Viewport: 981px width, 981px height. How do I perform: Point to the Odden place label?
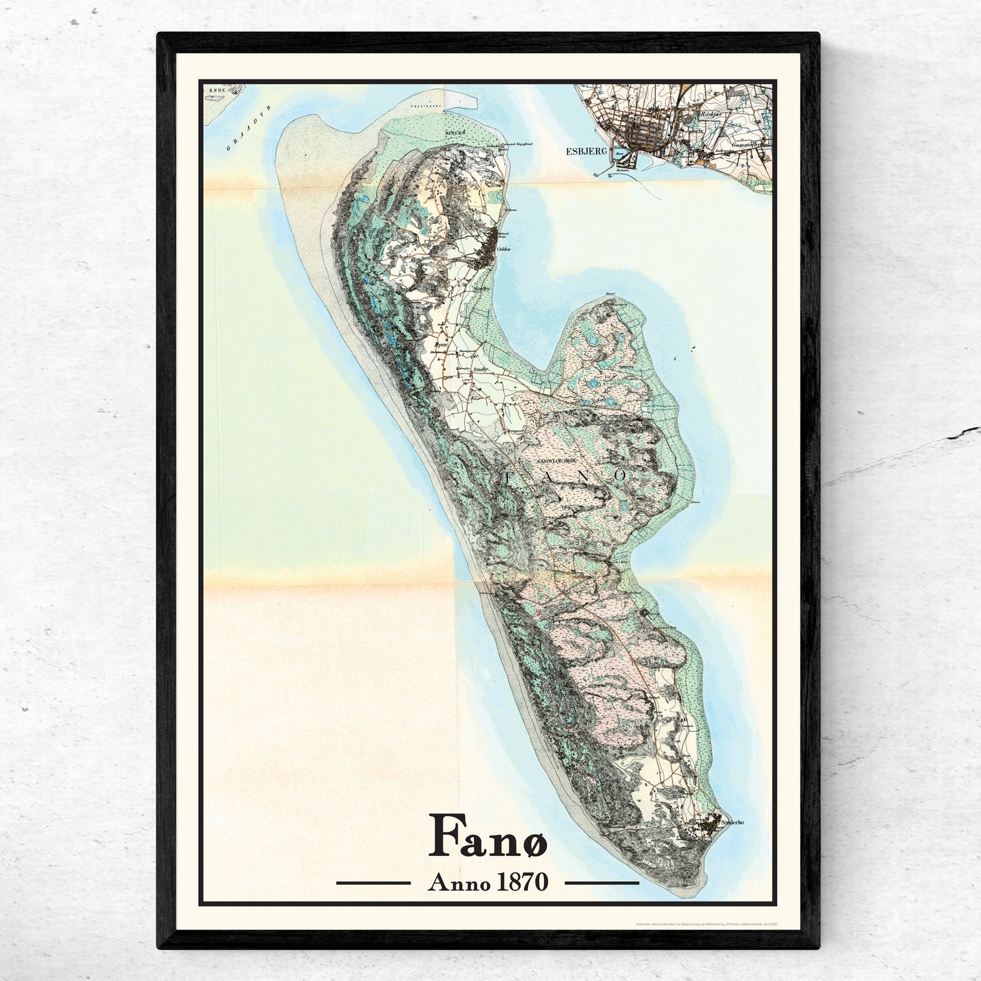[x=503, y=249]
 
